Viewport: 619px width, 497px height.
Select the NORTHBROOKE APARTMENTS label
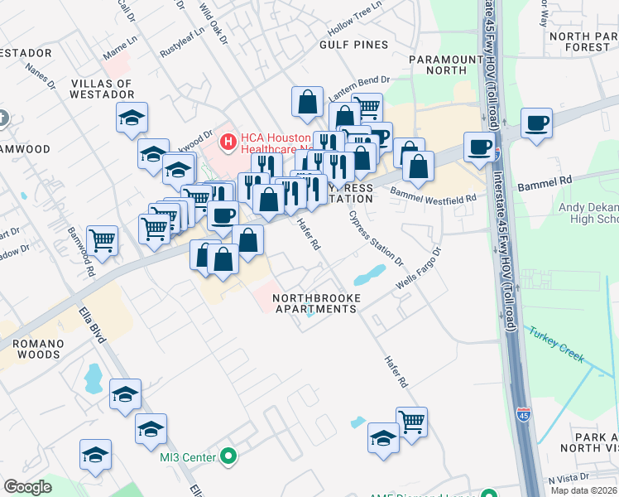(x=314, y=302)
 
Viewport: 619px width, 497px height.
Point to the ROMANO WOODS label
(x=30, y=349)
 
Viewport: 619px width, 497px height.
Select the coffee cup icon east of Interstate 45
(x=536, y=123)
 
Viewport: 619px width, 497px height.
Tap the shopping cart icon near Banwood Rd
(x=102, y=240)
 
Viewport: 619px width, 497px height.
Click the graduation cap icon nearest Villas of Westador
(x=132, y=118)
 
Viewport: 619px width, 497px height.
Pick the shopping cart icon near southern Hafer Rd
(x=411, y=422)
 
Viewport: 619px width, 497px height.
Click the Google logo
(x=27, y=487)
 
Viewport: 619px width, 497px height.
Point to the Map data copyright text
(x=583, y=490)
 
